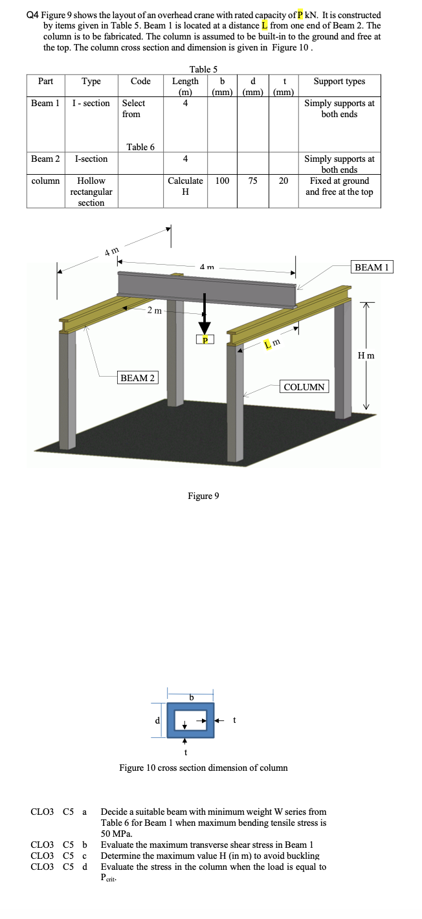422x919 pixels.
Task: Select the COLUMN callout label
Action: (304, 387)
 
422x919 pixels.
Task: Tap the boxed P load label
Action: (205, 340)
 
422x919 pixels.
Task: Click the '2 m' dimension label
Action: (154, 311)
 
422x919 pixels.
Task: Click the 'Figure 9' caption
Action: (203, 496)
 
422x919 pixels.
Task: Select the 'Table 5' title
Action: (203, 69)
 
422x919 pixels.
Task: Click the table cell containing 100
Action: (222, 181)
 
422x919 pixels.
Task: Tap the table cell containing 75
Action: (253, 181)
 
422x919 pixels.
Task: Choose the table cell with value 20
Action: (283, 181)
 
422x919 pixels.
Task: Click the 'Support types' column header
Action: (339, 82)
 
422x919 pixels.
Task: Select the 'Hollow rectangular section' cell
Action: (91, 192)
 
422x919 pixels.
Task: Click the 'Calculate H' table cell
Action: (185, 186)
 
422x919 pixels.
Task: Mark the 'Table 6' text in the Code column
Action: (140, 147)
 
